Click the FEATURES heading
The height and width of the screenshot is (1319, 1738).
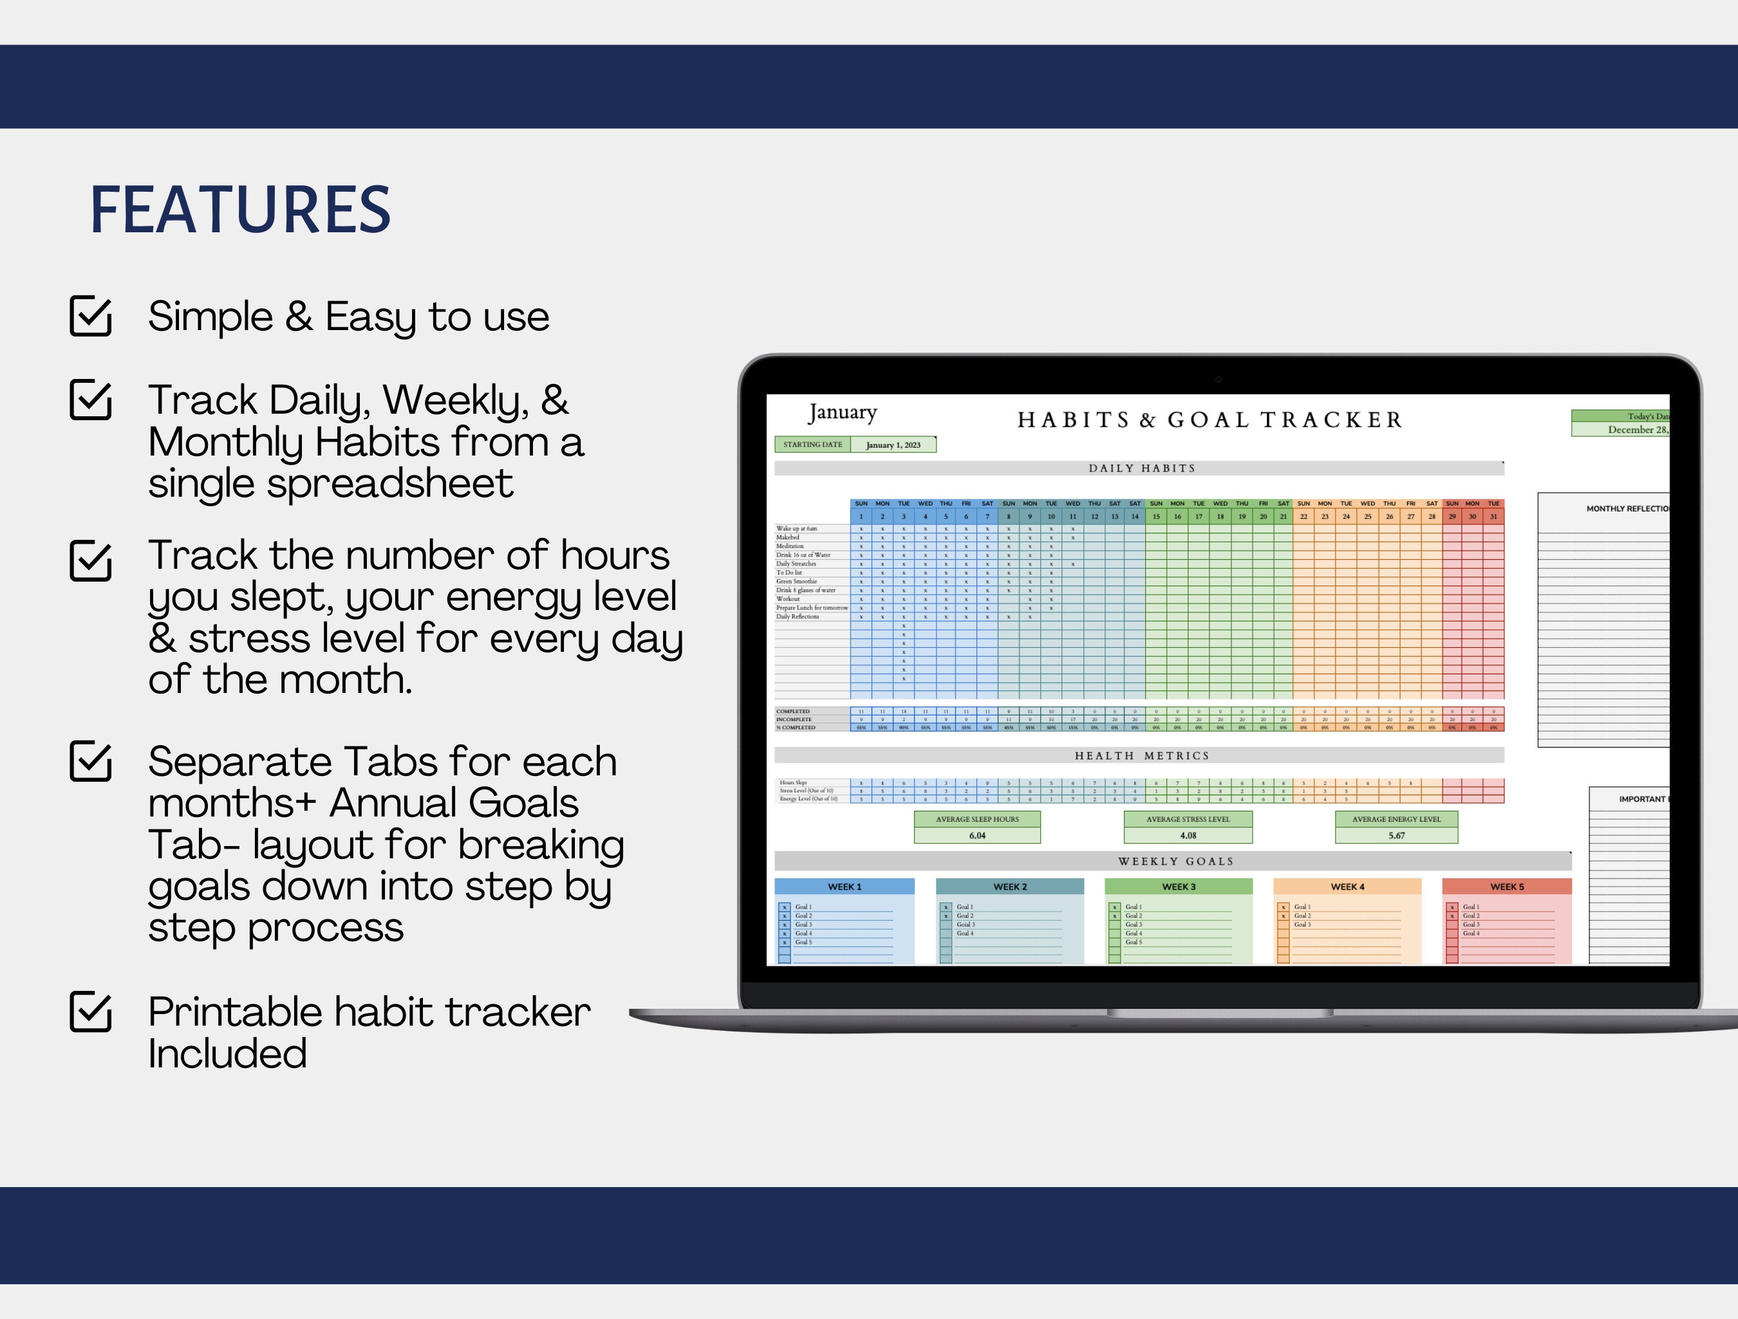(x=241, y=210)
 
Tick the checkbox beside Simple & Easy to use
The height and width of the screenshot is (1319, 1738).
(x=90, y=316)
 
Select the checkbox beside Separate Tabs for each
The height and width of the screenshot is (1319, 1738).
(x=90, y=761)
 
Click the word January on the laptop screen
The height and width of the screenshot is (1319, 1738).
(x=841, y=412)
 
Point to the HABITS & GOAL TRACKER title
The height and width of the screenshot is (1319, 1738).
(x=1210, y=420)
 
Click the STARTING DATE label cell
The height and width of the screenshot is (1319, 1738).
(x=812, y=445)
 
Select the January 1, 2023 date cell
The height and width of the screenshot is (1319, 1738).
(x=893, y=445)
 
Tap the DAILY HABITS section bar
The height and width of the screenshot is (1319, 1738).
(x=1140, y=468)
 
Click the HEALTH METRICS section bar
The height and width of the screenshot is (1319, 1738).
(x=1140, y=756)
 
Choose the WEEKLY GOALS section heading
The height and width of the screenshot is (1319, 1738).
(x=1175, y=862)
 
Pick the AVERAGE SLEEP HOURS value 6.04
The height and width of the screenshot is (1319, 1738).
(x=976, y=836)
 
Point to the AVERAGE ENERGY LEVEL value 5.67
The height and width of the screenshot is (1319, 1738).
(x=1396, y=836)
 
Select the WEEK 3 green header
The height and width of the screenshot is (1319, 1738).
(x=1178, y=887)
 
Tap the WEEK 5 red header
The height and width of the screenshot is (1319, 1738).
(x=1506, y=887)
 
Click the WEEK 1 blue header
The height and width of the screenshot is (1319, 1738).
(x=844, y=887)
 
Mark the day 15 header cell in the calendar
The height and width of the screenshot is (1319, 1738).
(x=1156, y=517)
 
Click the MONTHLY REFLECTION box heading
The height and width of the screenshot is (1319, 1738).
(x=1627, y=509)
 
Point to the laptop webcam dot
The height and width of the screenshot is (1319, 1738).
(x=1218, y=380)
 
